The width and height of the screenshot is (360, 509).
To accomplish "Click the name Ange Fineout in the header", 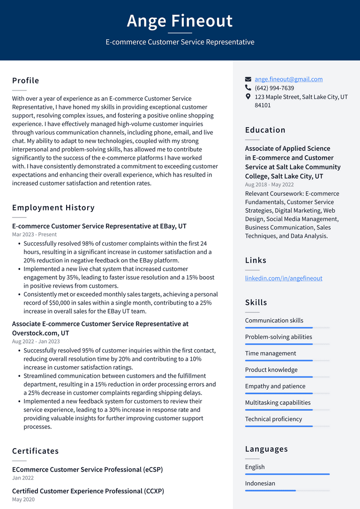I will click(180, 21).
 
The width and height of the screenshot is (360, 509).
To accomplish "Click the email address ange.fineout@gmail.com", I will click(288, 79).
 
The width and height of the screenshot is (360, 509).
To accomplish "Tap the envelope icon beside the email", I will click(248, 79).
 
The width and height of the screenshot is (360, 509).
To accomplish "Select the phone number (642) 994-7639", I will click(274, 88).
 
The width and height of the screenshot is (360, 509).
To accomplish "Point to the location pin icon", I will click(248, 97).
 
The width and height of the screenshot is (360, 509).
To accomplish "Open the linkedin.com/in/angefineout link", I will click(283, 278).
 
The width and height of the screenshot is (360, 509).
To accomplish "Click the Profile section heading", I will click(26, 81).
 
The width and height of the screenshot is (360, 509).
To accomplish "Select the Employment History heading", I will click(53, 208).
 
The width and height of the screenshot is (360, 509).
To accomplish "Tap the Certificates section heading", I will click(36, 451).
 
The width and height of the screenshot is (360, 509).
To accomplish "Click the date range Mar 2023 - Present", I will click(34, 234).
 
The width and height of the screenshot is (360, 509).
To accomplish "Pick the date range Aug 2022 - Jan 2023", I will click(36, 341).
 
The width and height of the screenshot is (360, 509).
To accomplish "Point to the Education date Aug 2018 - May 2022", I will click(269, 185).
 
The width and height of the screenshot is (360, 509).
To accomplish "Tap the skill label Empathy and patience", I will click(275, 386).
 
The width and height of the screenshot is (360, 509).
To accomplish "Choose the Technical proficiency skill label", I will click(273, 419).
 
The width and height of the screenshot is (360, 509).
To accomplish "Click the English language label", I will click(255, 467).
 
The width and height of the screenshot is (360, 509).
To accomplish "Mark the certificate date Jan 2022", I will click(22, 478).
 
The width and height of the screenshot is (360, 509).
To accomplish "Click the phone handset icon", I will click(248, 88).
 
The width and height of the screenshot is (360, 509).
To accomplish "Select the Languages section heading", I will click(266, 449).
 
